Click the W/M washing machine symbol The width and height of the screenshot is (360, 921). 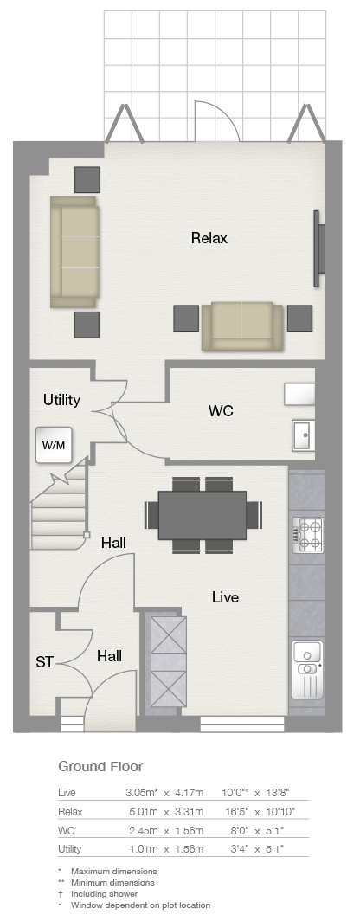click(54, 445)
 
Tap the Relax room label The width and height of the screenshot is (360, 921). click(209, 239)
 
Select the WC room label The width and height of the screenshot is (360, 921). click(221, 411)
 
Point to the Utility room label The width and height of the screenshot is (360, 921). click(61, 401)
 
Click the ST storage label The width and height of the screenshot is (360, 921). click(44, 662)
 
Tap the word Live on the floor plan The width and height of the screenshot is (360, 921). click(226, 597)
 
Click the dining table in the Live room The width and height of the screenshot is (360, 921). click(202, 515)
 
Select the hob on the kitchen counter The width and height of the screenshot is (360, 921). click(308, 533)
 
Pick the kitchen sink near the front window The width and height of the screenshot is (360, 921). click(307, 668)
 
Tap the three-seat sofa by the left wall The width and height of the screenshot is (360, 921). click(74, 252)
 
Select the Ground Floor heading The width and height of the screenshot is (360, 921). click(100, 766)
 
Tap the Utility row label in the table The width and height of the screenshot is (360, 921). click(70, 849)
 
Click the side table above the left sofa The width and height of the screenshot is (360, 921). click(87, 179)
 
